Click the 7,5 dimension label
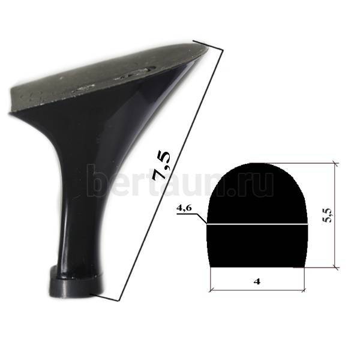click(x=162, y=166)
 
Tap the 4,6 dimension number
click(x=184, y=208)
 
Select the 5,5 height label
click(x=327, y=215)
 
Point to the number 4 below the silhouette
click(x=257, y=281)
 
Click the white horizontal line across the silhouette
click(x=257, y=224)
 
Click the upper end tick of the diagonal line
click(x=208, y=46)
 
